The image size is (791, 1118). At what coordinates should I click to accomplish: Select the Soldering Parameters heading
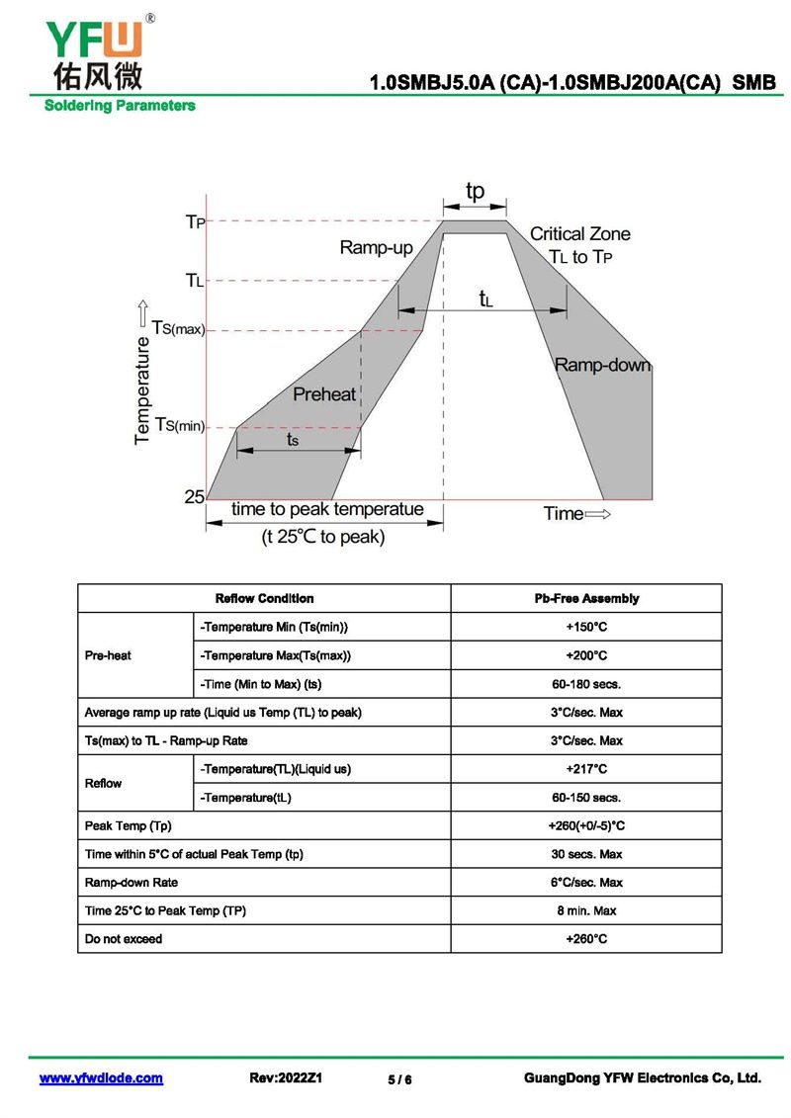(120, 106)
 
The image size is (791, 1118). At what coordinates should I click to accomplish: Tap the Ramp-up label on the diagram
(376, 247)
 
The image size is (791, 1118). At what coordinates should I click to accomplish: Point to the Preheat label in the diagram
(324, 394)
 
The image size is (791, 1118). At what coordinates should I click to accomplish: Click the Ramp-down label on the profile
(602, 365)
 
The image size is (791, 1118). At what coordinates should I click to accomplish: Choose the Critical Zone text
(579, 234)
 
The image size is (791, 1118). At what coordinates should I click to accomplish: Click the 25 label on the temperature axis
(194, 497)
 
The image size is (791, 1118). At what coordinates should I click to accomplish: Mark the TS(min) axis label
(179, 426)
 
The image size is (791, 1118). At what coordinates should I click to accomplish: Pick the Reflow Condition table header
(264, 598)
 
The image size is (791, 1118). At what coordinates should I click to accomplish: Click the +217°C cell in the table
(586, 769)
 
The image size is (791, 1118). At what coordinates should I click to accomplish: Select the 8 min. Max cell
(586, 910)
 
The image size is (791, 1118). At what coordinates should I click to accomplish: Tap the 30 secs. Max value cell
(586, 854)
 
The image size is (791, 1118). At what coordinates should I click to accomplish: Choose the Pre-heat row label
(108, 655)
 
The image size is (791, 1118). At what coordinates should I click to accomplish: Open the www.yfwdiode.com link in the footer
(101, 1078)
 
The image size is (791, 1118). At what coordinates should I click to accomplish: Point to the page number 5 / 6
(399, 1079)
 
